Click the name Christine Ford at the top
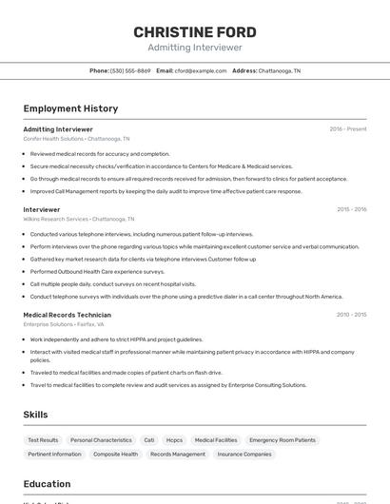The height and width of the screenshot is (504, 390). (x=195, y=32)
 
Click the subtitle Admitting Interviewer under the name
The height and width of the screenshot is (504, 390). (x=195, y=48)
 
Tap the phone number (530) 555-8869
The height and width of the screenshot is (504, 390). (x=130, y=70)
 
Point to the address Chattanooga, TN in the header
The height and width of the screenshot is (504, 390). (x=280, y=70)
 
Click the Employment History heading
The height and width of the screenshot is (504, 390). (x=70, y=108)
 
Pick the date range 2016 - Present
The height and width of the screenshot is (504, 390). (x=347, y=129)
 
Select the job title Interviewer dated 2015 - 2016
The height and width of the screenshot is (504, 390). (x=42, y=209)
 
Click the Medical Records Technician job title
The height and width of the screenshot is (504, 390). (x=68, y=315)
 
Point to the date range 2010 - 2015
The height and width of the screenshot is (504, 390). (x=351, y=315)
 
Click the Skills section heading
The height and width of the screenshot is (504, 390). (x=36, y=415)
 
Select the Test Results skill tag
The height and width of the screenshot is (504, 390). (x=43, y=440)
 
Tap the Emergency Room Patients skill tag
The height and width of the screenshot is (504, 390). (x=283, y=440)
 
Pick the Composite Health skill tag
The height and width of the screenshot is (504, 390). (x=115, y=455)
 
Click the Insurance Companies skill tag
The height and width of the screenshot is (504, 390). (x=244, y=455)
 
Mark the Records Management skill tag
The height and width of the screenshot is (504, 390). (x=178, y=455)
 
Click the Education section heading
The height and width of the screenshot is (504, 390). (x=47, y=484)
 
